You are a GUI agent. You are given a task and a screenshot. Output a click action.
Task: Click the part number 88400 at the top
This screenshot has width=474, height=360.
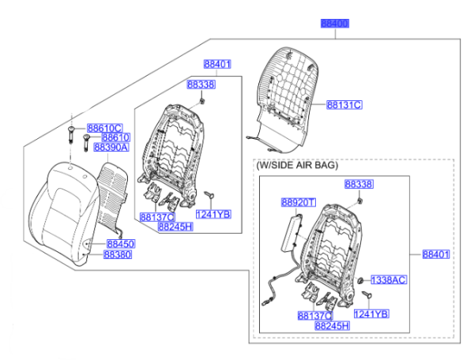coord(333,24)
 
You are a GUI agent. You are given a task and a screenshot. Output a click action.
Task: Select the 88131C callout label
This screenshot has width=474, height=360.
coord(344,104)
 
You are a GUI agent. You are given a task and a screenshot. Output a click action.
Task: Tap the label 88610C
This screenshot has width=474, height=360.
coord(104,128)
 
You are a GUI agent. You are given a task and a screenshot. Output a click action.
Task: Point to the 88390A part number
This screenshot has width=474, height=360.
coord(111,147)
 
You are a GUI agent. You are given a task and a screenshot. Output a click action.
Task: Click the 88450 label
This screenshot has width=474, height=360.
coord(120,245)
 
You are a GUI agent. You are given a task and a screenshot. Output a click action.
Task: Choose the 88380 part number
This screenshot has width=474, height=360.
coord(118,255)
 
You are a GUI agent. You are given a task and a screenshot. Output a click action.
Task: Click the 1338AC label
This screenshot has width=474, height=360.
coord(389,280)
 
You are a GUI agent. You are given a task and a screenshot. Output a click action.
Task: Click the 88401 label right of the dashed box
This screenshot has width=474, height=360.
coord(435,254)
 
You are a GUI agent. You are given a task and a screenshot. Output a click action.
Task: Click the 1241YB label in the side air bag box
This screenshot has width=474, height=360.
coord(371,314)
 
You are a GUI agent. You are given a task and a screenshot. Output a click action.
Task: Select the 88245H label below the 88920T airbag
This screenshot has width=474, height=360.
coord(332,325)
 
